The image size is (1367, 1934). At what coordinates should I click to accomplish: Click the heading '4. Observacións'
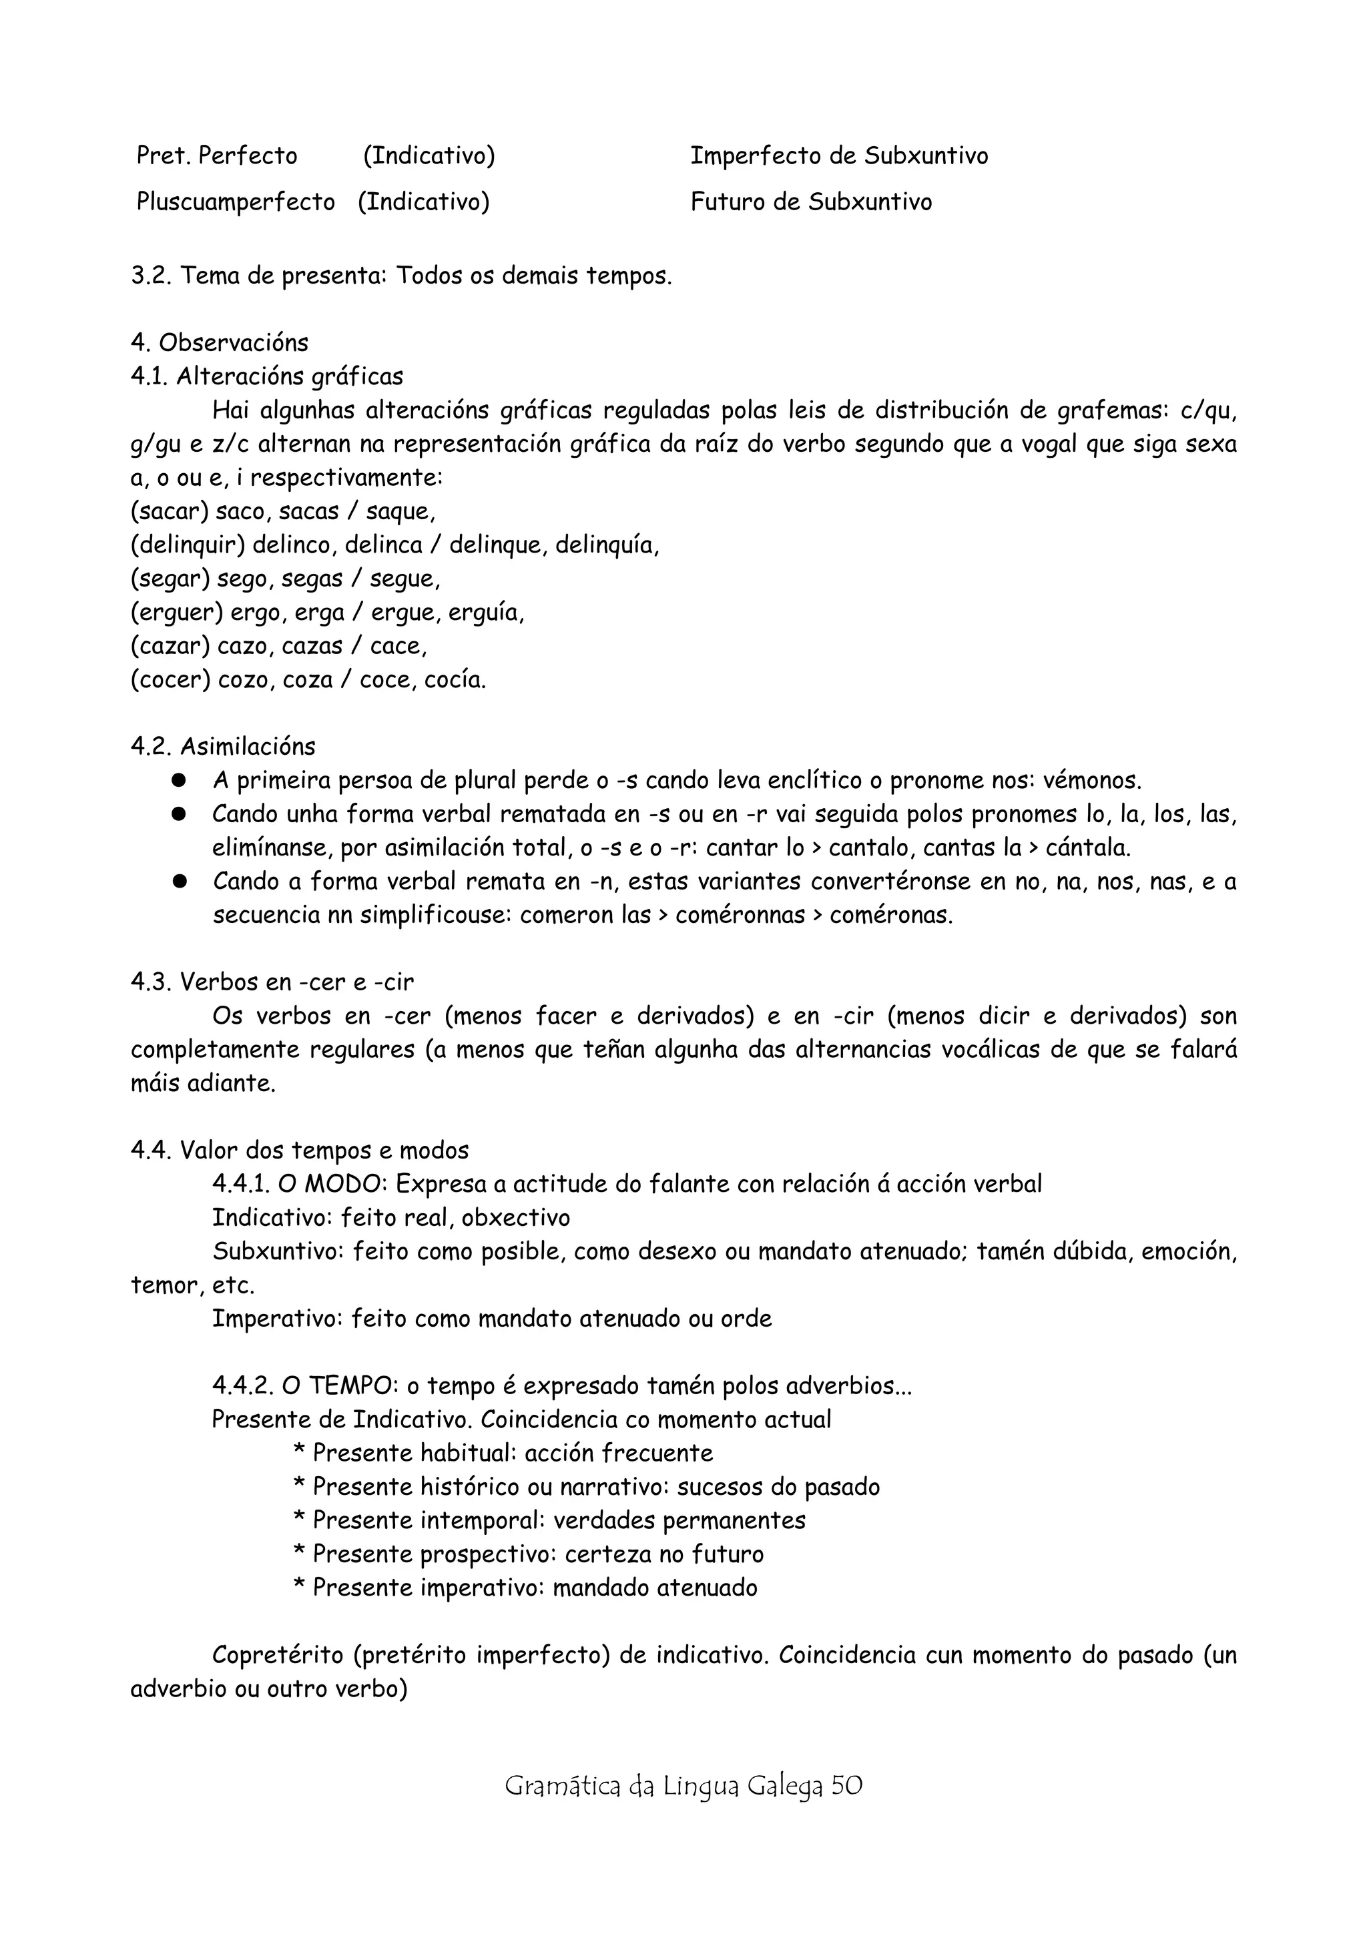(x=219, y=343)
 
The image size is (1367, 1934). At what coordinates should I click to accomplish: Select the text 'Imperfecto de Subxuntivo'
(x=839, y=156)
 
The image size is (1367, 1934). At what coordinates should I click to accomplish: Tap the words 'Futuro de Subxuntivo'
(x=811, y=202)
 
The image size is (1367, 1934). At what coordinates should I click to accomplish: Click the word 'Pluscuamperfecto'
(x=236, y=202)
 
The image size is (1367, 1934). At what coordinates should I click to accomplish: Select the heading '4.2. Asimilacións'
(x=223, y=746)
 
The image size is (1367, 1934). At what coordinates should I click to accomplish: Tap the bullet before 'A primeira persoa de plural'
(x=179, y=781)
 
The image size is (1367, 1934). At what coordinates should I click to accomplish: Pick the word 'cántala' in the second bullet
(x=1087, y=848)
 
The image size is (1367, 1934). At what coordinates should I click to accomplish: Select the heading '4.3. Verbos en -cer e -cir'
(x=272, y=982)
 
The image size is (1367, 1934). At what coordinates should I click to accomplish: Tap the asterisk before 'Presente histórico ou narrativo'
(x=299, y=1488)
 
